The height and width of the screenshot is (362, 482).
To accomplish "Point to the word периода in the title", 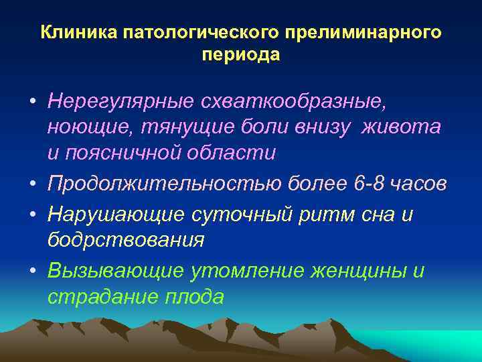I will tap(240, 54).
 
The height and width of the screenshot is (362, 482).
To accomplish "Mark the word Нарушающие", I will tap(112, 215).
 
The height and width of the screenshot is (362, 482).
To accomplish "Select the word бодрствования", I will tap(126, 240).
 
